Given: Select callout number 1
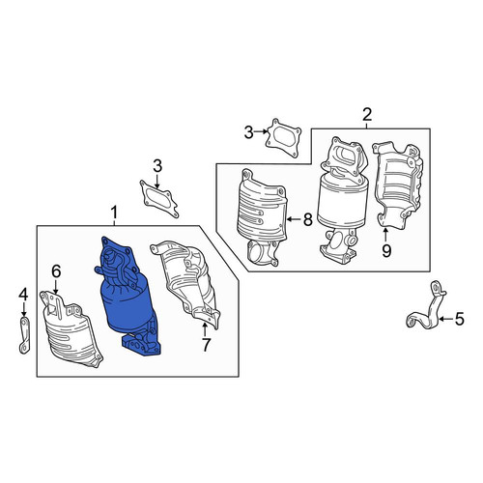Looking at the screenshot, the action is (114, 213).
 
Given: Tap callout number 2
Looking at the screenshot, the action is (367, 115).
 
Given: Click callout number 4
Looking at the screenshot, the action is (23, 295).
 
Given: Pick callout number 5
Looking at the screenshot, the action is (459, 319).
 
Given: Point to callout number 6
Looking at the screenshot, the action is (56, 272).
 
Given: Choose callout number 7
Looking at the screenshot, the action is (206, 346).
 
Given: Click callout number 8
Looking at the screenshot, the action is (307, 220).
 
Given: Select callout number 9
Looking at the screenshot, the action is (386, 250).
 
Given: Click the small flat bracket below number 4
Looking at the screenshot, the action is (24, 335).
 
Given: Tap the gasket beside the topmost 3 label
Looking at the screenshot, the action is (283, 138).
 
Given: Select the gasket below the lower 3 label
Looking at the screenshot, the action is (158, 199).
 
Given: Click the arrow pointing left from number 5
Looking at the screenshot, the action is (445, 319).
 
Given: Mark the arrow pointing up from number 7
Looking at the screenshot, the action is (205, 330).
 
